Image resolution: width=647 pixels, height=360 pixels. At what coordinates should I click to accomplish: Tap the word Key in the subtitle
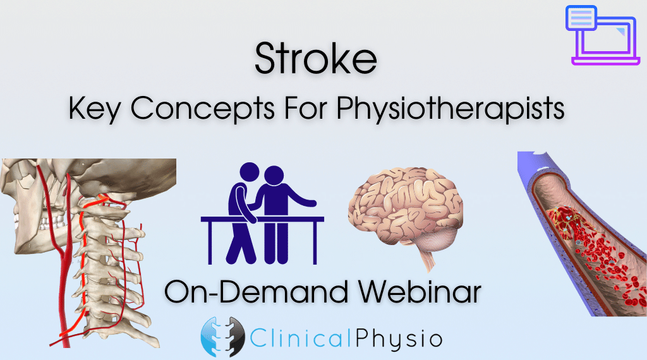click(x=95, y=109)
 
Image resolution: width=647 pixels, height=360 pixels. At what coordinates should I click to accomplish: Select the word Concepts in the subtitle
click(x=203, y=109)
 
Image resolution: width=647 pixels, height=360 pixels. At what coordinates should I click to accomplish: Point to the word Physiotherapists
click(x=450, y=109)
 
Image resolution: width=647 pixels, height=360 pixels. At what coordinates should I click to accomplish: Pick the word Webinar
click(x=420, y=292)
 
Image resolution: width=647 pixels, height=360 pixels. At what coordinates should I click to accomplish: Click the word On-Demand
click(x=257, y=292)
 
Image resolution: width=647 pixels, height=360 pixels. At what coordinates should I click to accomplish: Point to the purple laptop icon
click(x=603, y=35)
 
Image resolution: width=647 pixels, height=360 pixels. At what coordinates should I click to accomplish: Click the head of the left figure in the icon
click(x=249, y=173)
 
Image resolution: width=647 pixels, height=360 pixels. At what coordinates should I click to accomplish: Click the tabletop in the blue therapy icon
click(x=262, y=220)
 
